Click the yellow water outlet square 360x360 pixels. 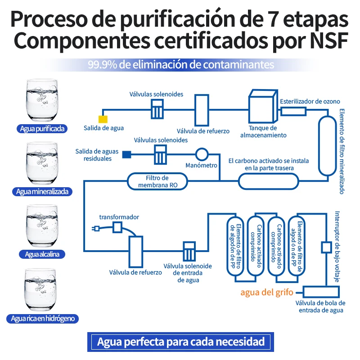point(103,119)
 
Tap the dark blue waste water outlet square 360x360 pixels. point(126,154)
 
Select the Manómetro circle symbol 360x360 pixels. point(202,154)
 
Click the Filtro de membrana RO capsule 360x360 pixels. point(157,181)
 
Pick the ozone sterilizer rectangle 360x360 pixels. point(294,112)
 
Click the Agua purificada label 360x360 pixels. point(42,129)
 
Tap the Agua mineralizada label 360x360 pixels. point(42,192)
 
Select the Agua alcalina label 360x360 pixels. point(42,254)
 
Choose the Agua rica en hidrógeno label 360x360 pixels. point(42,319)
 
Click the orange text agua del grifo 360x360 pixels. point(267,292)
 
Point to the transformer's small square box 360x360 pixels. point(117,228)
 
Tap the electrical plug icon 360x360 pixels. point(96,229)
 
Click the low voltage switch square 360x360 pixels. point(326,247)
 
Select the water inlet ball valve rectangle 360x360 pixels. point(321,292)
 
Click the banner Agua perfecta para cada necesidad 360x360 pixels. point(181,342)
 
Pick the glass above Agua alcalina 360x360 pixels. point(41,226)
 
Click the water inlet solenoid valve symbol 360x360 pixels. point(189,252)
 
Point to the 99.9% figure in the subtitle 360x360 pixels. point(103,65)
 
